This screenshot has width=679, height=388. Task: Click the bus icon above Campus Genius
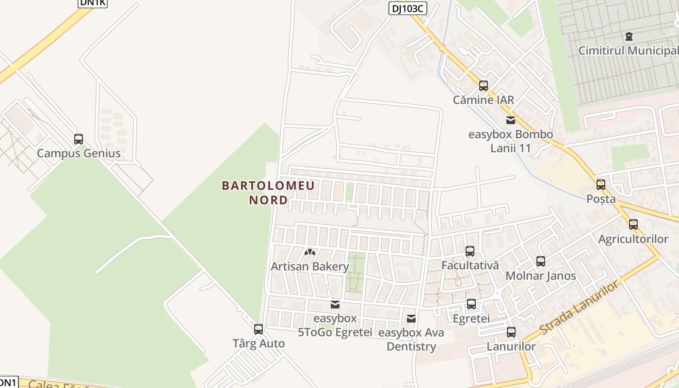tap(79, 139)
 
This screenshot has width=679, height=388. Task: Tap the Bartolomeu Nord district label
tap(268, 193)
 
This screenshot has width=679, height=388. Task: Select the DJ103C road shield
tap(407, 8)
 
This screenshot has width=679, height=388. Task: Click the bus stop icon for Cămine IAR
tap(484, 86)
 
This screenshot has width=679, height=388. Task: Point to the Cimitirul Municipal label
tap(628, 51)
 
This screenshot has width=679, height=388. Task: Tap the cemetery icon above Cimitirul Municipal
tap(629, 36)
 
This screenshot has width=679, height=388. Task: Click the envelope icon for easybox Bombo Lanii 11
tap(511, 120)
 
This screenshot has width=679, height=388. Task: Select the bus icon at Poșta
tap(601, 185)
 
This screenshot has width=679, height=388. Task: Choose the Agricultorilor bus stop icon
tap(633, 225)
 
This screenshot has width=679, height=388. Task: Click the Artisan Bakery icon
tap(310, 252)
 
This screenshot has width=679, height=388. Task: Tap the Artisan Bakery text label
tap(310, 266)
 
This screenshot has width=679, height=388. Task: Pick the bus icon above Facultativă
tap(470, 251)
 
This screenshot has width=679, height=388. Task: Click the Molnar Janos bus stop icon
tap(541, 261)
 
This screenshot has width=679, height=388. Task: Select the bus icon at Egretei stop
tap(471, 304)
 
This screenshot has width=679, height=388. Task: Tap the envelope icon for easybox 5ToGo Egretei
tap(335, 305)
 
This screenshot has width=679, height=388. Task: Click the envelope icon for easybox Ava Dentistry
tap(411, 319)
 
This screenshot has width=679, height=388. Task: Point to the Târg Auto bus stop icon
tap(259, 329)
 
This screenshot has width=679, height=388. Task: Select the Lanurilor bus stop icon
tap(511, 332)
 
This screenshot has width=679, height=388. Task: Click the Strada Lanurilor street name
tap(579, 307)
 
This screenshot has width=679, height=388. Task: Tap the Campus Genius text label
tap(79, 154)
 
